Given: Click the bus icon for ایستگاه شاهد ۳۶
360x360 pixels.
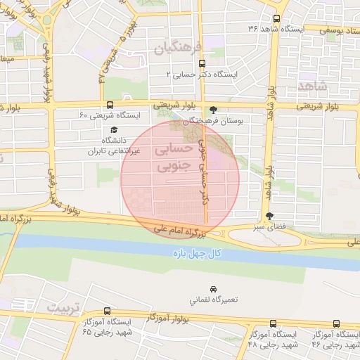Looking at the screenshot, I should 275,19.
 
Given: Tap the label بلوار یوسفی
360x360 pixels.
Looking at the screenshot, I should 337,30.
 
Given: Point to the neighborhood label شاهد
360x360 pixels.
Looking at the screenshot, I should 313,85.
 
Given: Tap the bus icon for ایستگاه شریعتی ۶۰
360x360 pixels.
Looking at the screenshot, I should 107,104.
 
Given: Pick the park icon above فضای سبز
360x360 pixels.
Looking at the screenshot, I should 269,217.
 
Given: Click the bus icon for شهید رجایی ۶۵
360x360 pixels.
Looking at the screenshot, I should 107,311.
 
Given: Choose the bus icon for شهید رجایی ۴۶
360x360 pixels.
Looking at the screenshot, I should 335,323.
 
